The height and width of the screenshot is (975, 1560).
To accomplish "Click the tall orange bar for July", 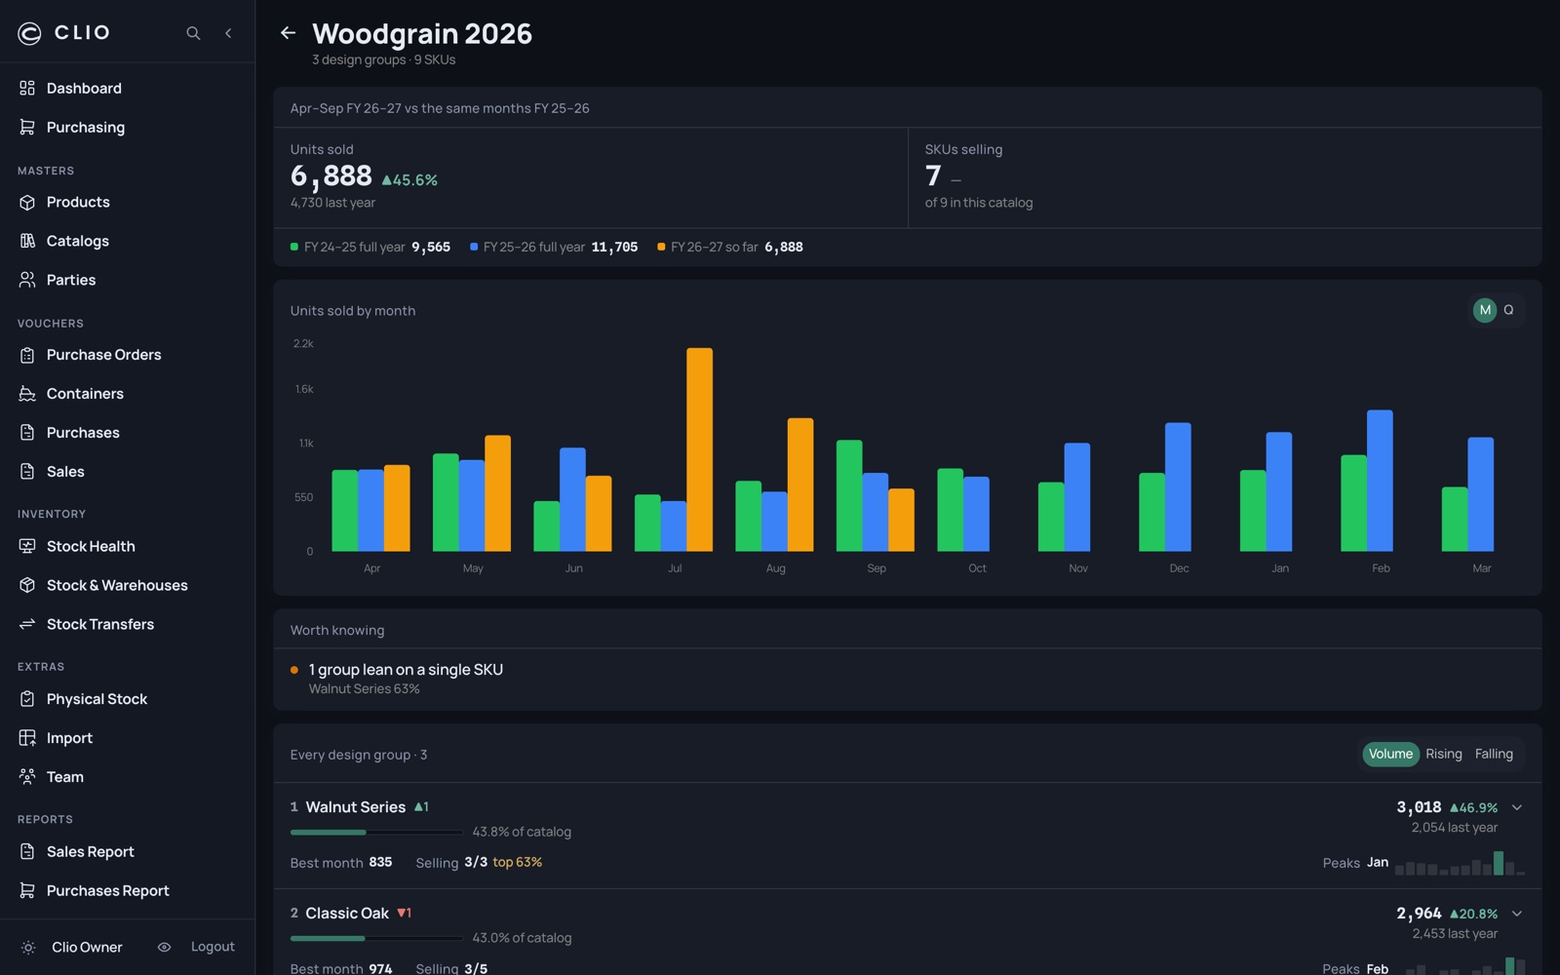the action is click(699, 449).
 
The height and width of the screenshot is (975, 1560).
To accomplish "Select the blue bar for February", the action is click(1380, 481).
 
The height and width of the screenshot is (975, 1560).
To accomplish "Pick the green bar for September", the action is click(849, 496).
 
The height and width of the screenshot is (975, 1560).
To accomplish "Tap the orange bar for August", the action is click(800, 485).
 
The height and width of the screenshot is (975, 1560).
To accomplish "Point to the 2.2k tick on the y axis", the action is click(303, 343).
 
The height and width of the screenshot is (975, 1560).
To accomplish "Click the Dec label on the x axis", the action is click(1179, 568).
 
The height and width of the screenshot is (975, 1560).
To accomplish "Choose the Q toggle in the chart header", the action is click(1508, 310).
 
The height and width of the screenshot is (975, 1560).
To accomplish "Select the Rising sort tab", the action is click(1444, 754).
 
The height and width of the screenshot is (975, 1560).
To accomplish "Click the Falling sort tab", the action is click(1494, 754).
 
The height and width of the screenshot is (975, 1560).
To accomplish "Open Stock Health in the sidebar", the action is click(91, 546).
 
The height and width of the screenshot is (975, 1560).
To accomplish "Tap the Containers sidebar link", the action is click(85, 394).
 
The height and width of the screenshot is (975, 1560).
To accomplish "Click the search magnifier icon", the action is click(193, 33).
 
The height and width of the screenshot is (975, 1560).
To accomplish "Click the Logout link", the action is click(213, 947).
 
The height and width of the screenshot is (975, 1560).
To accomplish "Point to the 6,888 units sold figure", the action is click(331, 176).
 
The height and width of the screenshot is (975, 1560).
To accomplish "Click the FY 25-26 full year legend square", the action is click(474, 247).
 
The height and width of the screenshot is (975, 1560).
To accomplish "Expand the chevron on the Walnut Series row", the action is click(1517, 807).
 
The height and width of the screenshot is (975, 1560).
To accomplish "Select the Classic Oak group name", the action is click(347, 913).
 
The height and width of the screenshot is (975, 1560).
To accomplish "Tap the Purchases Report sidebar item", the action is click(108, 890).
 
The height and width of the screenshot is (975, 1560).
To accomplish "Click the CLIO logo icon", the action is click(29, 33).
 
